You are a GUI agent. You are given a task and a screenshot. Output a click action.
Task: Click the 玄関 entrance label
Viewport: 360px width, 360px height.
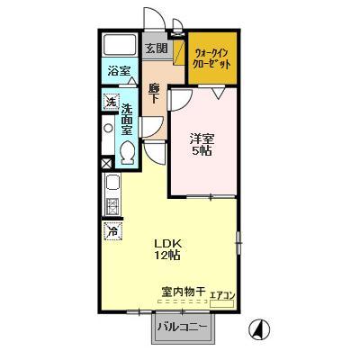(x=155, y=48)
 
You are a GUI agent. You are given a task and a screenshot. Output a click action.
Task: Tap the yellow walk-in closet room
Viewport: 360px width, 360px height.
(x=213, y=59)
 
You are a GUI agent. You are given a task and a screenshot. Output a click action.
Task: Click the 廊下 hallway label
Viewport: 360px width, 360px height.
(x=154, y=93)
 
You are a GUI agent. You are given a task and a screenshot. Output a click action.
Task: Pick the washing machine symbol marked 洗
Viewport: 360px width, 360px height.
(x=111, y=102)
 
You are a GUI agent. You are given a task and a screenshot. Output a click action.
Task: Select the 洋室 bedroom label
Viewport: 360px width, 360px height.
(x=202, y=139)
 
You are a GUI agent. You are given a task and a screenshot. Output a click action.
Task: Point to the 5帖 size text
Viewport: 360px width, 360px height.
(x=202, y=153)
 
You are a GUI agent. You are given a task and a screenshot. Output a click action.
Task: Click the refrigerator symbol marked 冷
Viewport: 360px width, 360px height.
(x=112, y=231)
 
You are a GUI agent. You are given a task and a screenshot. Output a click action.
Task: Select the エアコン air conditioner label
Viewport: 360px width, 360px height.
(x=222, y=293)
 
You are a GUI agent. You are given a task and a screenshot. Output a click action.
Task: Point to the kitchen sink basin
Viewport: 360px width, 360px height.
(x=112, y=187)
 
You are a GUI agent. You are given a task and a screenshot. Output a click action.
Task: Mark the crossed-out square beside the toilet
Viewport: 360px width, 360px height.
(x=108, y=164)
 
